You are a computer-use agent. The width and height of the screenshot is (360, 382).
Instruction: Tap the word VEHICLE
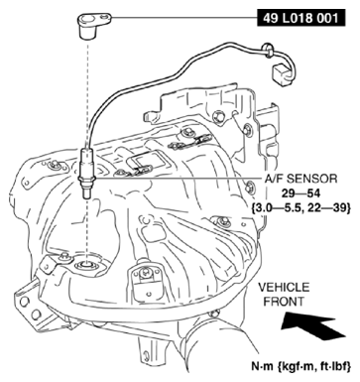click(x=283, y=285)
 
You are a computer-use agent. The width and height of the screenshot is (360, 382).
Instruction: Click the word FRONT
click(x=283, y=300)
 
